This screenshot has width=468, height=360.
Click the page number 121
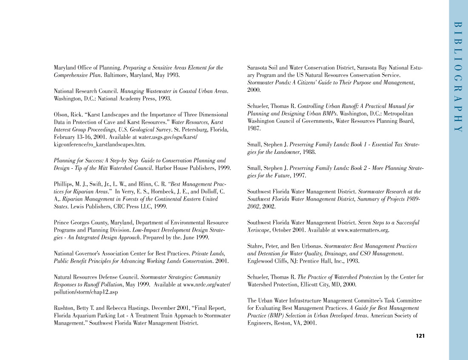(420, 336)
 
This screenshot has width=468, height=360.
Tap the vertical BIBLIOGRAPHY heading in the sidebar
(458, 77)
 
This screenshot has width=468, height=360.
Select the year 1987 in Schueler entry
(254, 129)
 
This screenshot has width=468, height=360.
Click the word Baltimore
(116, 75)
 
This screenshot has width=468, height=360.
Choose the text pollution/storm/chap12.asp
(86, 292)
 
